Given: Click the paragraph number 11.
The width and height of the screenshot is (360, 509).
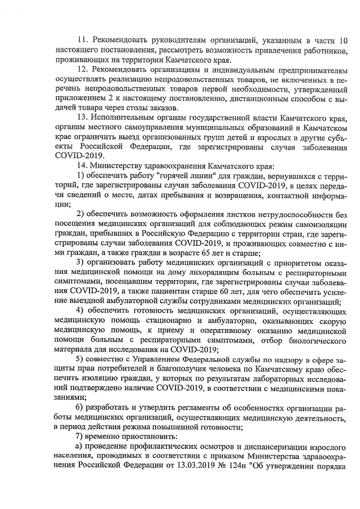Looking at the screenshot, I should [x=82, y=41].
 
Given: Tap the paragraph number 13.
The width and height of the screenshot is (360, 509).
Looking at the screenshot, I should [x=82, y=116].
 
